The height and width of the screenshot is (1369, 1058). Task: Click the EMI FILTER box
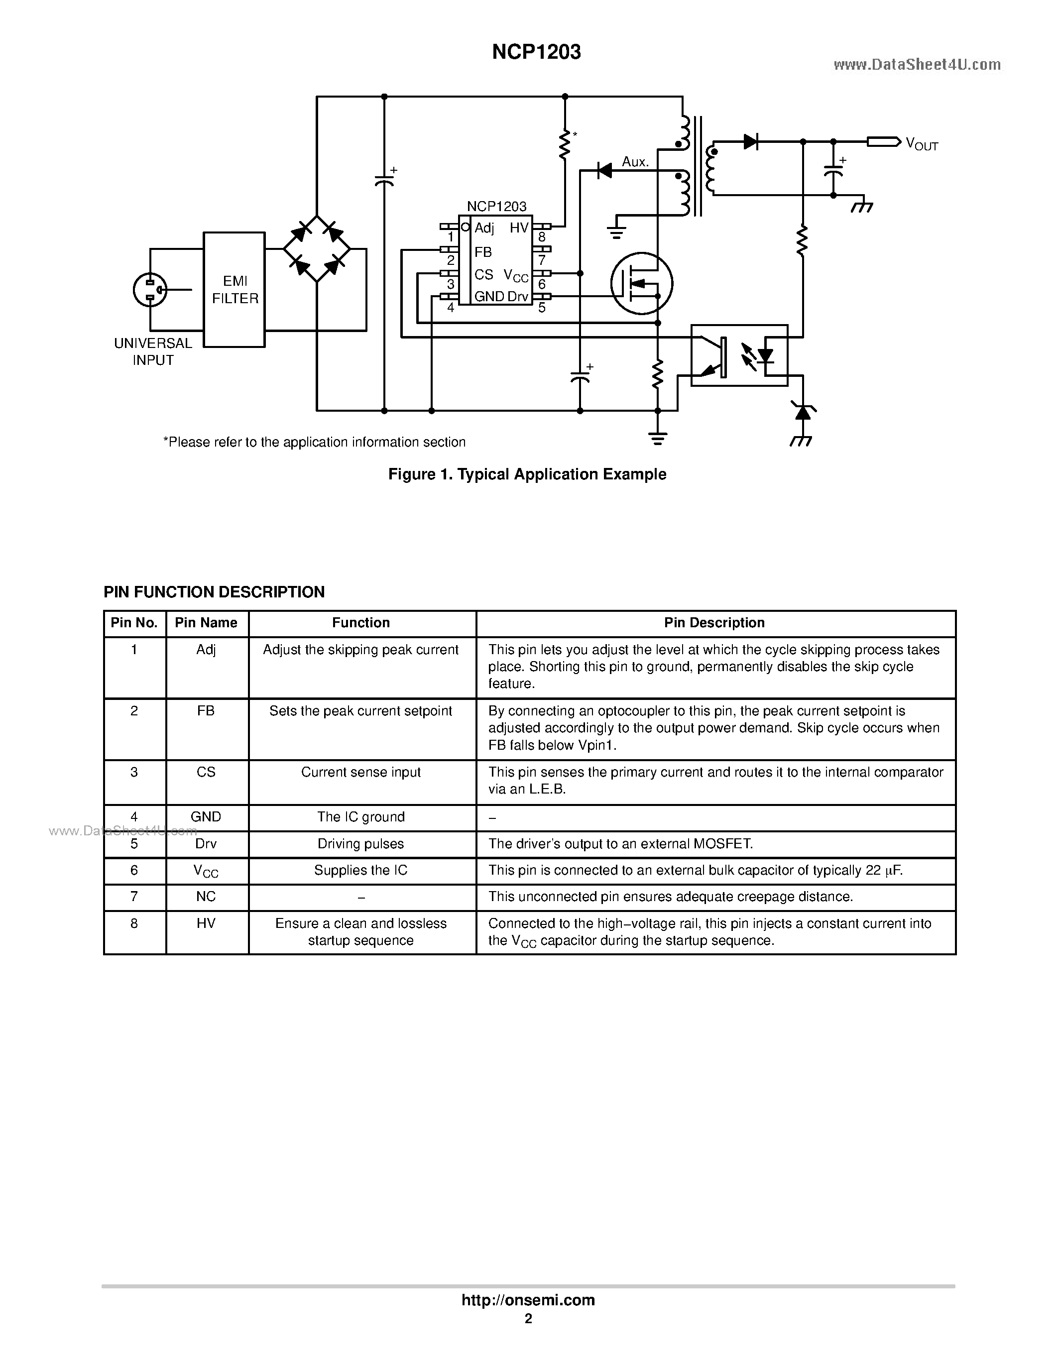click(x=235, y=290)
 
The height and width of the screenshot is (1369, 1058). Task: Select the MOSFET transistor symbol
click(x=642, y=284)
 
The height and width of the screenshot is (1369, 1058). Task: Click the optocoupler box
click(x=739, y=355)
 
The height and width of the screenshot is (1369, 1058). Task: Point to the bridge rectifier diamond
click(x=317, y=249)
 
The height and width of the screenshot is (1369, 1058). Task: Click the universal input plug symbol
click(x=150, y=290)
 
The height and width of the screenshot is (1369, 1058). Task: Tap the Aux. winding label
click(x=635, y=162)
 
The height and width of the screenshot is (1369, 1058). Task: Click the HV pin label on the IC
click(x=519, y=228)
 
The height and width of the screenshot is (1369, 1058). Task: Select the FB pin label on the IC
click(x=483, y=252)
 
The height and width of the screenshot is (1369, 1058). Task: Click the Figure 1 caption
click(x=527, y=474)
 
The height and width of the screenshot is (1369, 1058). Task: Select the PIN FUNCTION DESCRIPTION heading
click(x=214, y=592)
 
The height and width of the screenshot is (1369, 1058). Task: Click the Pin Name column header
click(x=206, y=622)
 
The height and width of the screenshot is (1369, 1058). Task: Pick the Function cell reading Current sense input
click(x=361, y=772)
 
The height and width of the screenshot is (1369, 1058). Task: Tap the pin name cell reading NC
click(x=206, y=897)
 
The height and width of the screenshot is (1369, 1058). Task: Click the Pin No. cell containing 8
click(x=134, y=923)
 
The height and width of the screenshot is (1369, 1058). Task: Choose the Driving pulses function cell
click(x=361, y=844)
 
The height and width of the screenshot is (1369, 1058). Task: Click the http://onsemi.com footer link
click(x=528, y=1300)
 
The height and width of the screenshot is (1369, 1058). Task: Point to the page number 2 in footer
click(x=528, y=1319)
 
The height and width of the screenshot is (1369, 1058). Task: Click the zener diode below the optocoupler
click(x=802, y=412)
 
